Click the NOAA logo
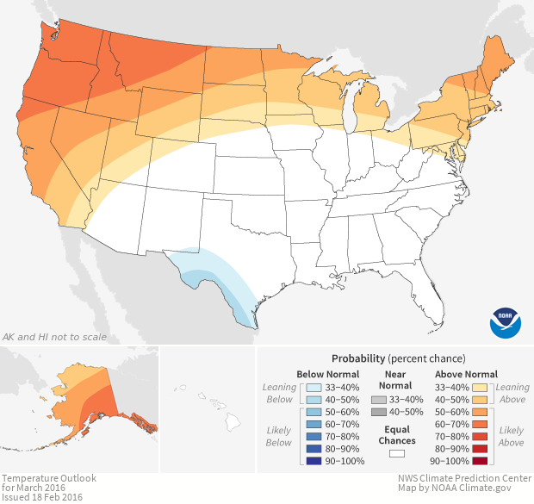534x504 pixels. pyautogui.click(x=505, y=322)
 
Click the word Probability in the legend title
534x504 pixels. pyautogui.click(x=358, y=358)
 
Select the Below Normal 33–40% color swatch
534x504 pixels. pyautogui.click(x=315, y=388)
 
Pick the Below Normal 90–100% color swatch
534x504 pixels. pyautogui.click(x=315, y=461)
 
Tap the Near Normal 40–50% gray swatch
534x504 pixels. pyautogui.click(x=378, y=412)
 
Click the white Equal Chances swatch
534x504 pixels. pyautogui.click(x=397, y=453)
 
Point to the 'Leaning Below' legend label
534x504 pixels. pyautogui.click(x=280, y=393)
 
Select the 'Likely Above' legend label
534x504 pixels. pyautogui.click(x=512, y=436)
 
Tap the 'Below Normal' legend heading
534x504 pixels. pyautogui.click(x=327, y=374)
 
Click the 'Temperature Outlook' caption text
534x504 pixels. pyautogui.click(x=48, y=477)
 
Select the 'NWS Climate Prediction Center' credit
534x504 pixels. pyautogui.click(x=464, y=477)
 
